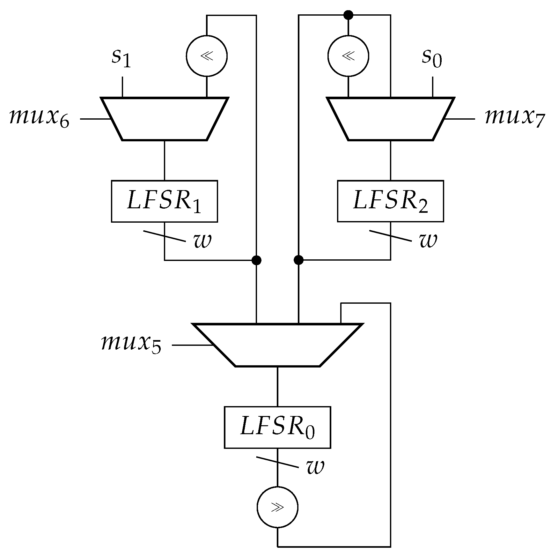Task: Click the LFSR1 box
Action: tap(164, 201)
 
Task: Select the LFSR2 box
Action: tap(390, 201)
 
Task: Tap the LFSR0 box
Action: tap(277, 427)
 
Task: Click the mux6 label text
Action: tap(39, 118)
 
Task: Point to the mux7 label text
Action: tap(514, 118)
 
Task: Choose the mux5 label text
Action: tap(131, 344)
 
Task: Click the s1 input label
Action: tap(121, 58)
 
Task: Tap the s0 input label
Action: tap(432, 58)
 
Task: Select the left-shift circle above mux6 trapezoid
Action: tap(207, 56)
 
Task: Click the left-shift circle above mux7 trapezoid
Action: tap(348, 56)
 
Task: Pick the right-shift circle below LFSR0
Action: tap(277, 507)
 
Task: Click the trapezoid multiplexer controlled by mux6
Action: tap(165, 119)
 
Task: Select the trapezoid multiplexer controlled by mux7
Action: tap(391, 119)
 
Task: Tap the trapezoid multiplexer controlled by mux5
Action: tap(277, 345)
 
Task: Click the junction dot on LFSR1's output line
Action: tap(256, 260)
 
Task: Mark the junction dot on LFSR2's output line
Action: tap(298, 260)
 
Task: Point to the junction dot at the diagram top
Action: tap(348, 15)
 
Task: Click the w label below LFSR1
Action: tap(202, 241)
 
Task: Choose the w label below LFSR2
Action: tap(428, 241)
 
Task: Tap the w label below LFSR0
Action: tap(315, 467)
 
